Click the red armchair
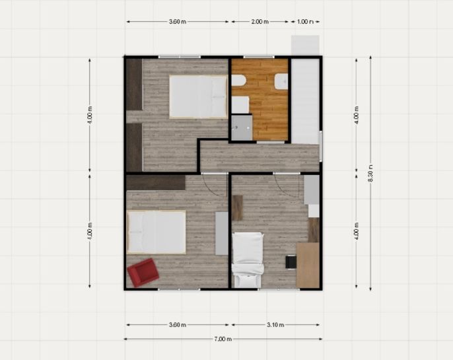pos(143,272)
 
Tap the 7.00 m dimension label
pos(223,339)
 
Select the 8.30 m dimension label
pos(371,173)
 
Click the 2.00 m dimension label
pos(260,21)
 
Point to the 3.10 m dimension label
pos(275,325)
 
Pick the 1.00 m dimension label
pos(305,21)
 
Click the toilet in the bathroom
pos(238,81)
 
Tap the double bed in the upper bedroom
pos(198,97)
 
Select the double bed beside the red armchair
pos(157,233)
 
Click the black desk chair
pos(291,262)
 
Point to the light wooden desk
pos(308,265)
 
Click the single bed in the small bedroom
pos(248,260)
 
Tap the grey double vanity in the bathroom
pos(242,127)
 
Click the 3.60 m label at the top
pos(178,21)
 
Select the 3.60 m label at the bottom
pos(178,325)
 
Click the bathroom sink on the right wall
pos(281,81)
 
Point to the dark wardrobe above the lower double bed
pos(156,182)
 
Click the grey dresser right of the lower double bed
pos(222,233)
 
